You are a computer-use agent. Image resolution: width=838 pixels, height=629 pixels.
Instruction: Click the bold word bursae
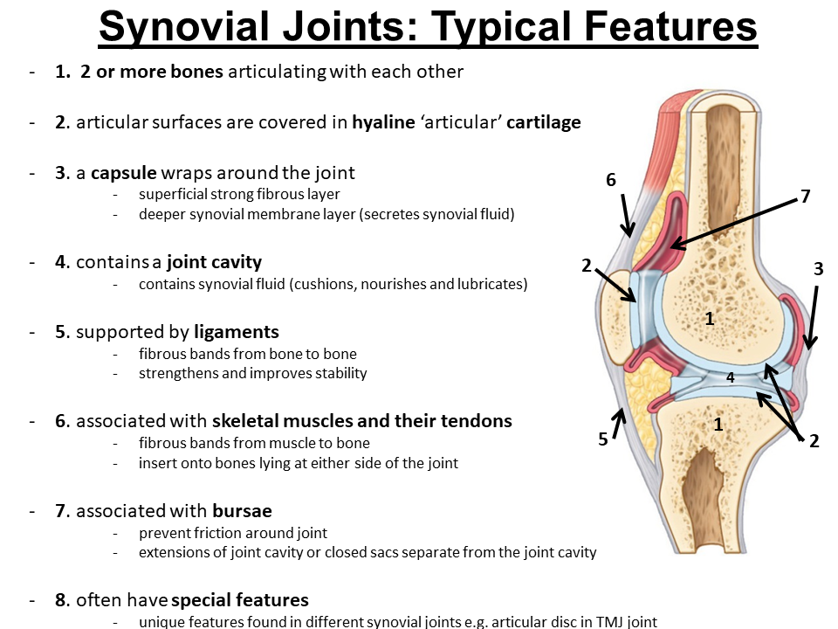240,510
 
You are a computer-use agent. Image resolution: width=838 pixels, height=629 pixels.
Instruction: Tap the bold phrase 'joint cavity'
214,262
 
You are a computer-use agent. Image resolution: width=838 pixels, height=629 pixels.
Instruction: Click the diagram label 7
805,197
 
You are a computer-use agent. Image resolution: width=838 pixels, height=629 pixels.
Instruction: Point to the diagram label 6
611,180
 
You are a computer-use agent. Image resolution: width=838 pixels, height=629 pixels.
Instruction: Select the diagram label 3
818,270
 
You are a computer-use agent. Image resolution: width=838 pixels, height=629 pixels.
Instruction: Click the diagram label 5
603,439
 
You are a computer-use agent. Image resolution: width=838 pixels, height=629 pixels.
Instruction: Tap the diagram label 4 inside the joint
731,377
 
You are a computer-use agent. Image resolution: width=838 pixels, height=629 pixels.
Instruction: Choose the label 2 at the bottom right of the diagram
814,441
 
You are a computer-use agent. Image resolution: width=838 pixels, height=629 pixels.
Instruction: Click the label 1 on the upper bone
710,320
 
